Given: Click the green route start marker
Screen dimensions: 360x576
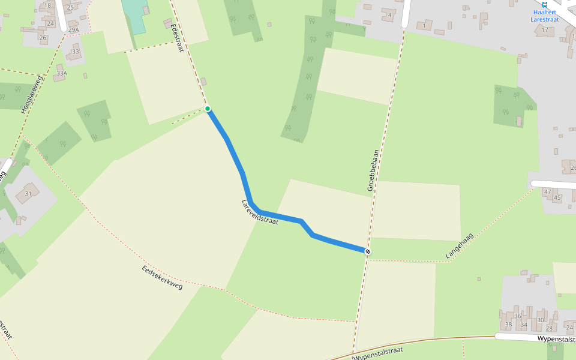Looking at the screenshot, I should (x=208, y=109).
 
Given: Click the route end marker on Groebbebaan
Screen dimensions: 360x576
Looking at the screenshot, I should (x=367, y=251).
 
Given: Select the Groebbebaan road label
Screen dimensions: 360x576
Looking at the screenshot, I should (x=374, y=170).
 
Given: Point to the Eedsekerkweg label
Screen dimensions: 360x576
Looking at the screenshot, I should (x=162, y=277).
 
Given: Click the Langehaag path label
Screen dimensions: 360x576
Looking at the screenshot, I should (x=459, y=246).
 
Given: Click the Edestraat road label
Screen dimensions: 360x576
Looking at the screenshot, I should (x=176, y=37).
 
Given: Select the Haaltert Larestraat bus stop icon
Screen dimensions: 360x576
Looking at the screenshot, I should (x=545, y=4).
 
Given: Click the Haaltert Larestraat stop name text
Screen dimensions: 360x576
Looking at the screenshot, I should (x=544, y=16).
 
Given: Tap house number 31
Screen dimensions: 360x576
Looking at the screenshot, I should (x=28, y=193).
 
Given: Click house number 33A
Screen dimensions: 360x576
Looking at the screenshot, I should (x=61, y=74).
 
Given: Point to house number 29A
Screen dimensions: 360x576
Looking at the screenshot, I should (x=73, y=29).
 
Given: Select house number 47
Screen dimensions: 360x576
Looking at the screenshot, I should (x=547, y=191).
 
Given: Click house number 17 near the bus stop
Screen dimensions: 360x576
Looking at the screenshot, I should (x=545, y=29).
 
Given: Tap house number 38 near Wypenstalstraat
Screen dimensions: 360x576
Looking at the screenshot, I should (x=509, y=325).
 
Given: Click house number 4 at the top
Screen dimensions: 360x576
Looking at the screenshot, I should (x=390, y=15).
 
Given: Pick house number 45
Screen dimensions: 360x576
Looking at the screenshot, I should (x=557, y=197).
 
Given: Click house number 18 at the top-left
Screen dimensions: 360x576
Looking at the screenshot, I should (x=48, y=5).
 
